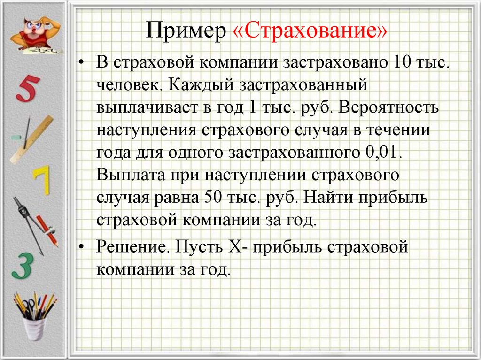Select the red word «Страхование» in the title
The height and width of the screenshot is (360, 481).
310,33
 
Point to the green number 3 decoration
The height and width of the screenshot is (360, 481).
23,265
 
